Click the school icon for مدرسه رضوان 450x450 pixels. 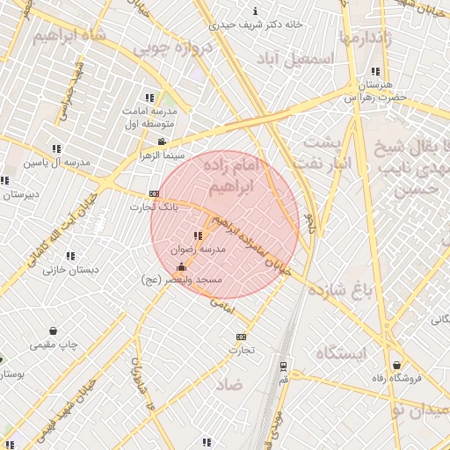coord(197,236)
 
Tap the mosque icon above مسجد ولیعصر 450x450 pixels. coord(181,266)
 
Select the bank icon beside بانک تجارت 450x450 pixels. coord(154,193)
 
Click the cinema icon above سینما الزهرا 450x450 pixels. coord(161,142)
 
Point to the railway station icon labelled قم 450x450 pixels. coord(283,367)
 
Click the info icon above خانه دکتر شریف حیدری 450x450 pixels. coord(255,11)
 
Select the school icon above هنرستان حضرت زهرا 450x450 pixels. coord(375,71)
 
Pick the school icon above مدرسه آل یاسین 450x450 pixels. coord(56,149)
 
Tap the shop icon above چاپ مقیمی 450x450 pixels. coord(54,331)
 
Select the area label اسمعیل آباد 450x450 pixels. coord(296,58)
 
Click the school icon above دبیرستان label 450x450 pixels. coord(4,180)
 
